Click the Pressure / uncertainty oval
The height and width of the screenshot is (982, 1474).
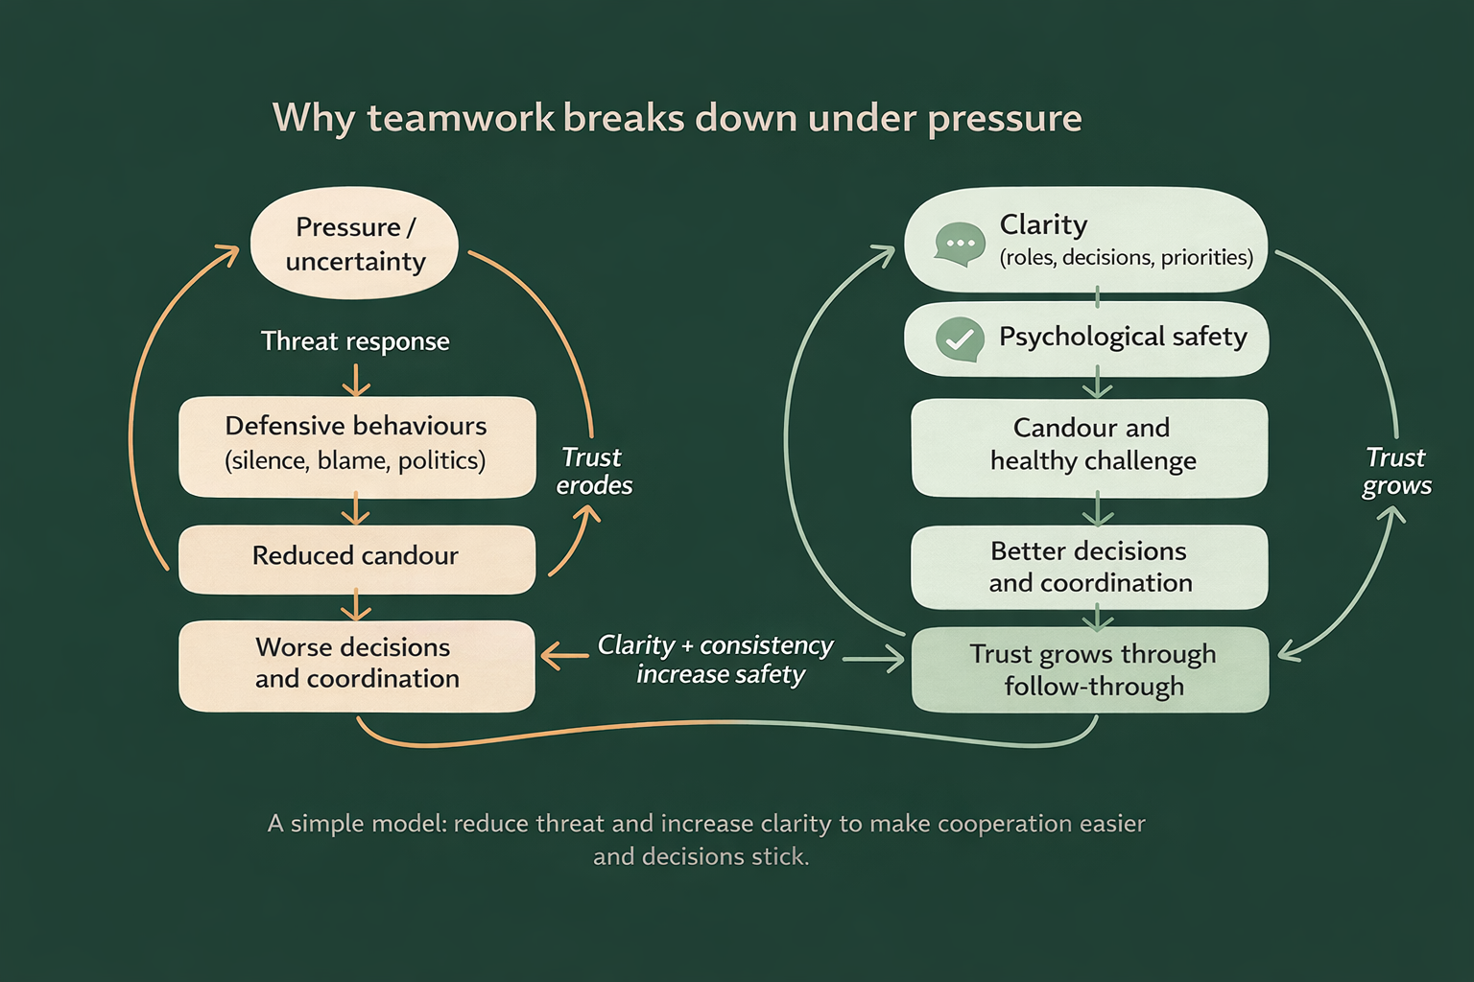[x=354, y=244]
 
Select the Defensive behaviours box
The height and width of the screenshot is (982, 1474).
[x=356, y=445]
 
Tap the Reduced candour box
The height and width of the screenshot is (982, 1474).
[x=356, y=556]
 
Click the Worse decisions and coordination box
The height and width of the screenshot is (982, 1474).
[x=356, y=664]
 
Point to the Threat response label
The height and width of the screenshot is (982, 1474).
[x=355, y=341]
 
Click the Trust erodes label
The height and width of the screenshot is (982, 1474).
[x=594, y=472]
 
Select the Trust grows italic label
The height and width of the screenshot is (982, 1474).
[x=1396, y=472]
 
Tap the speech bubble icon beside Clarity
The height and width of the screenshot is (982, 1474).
[x=959, y=244]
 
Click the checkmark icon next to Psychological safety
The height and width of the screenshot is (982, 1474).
[x=959, y=339]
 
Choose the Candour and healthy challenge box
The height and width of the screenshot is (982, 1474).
[x=1090, y=445]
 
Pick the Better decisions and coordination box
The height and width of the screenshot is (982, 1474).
[x=1090, y=567]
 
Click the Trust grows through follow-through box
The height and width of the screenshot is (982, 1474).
[x=1090, y=669]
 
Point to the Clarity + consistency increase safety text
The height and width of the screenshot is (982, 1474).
[x=717, y=660]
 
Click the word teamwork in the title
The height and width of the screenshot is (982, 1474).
[x=461, y=119]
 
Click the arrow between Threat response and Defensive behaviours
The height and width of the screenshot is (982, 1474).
[x=356, y=381]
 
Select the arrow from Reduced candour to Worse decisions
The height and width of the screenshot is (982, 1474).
[x=356, y=606]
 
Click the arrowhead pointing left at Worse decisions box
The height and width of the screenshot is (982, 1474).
[x=550, y=657]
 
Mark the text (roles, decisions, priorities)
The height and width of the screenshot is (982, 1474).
[x=1126, y=258]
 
